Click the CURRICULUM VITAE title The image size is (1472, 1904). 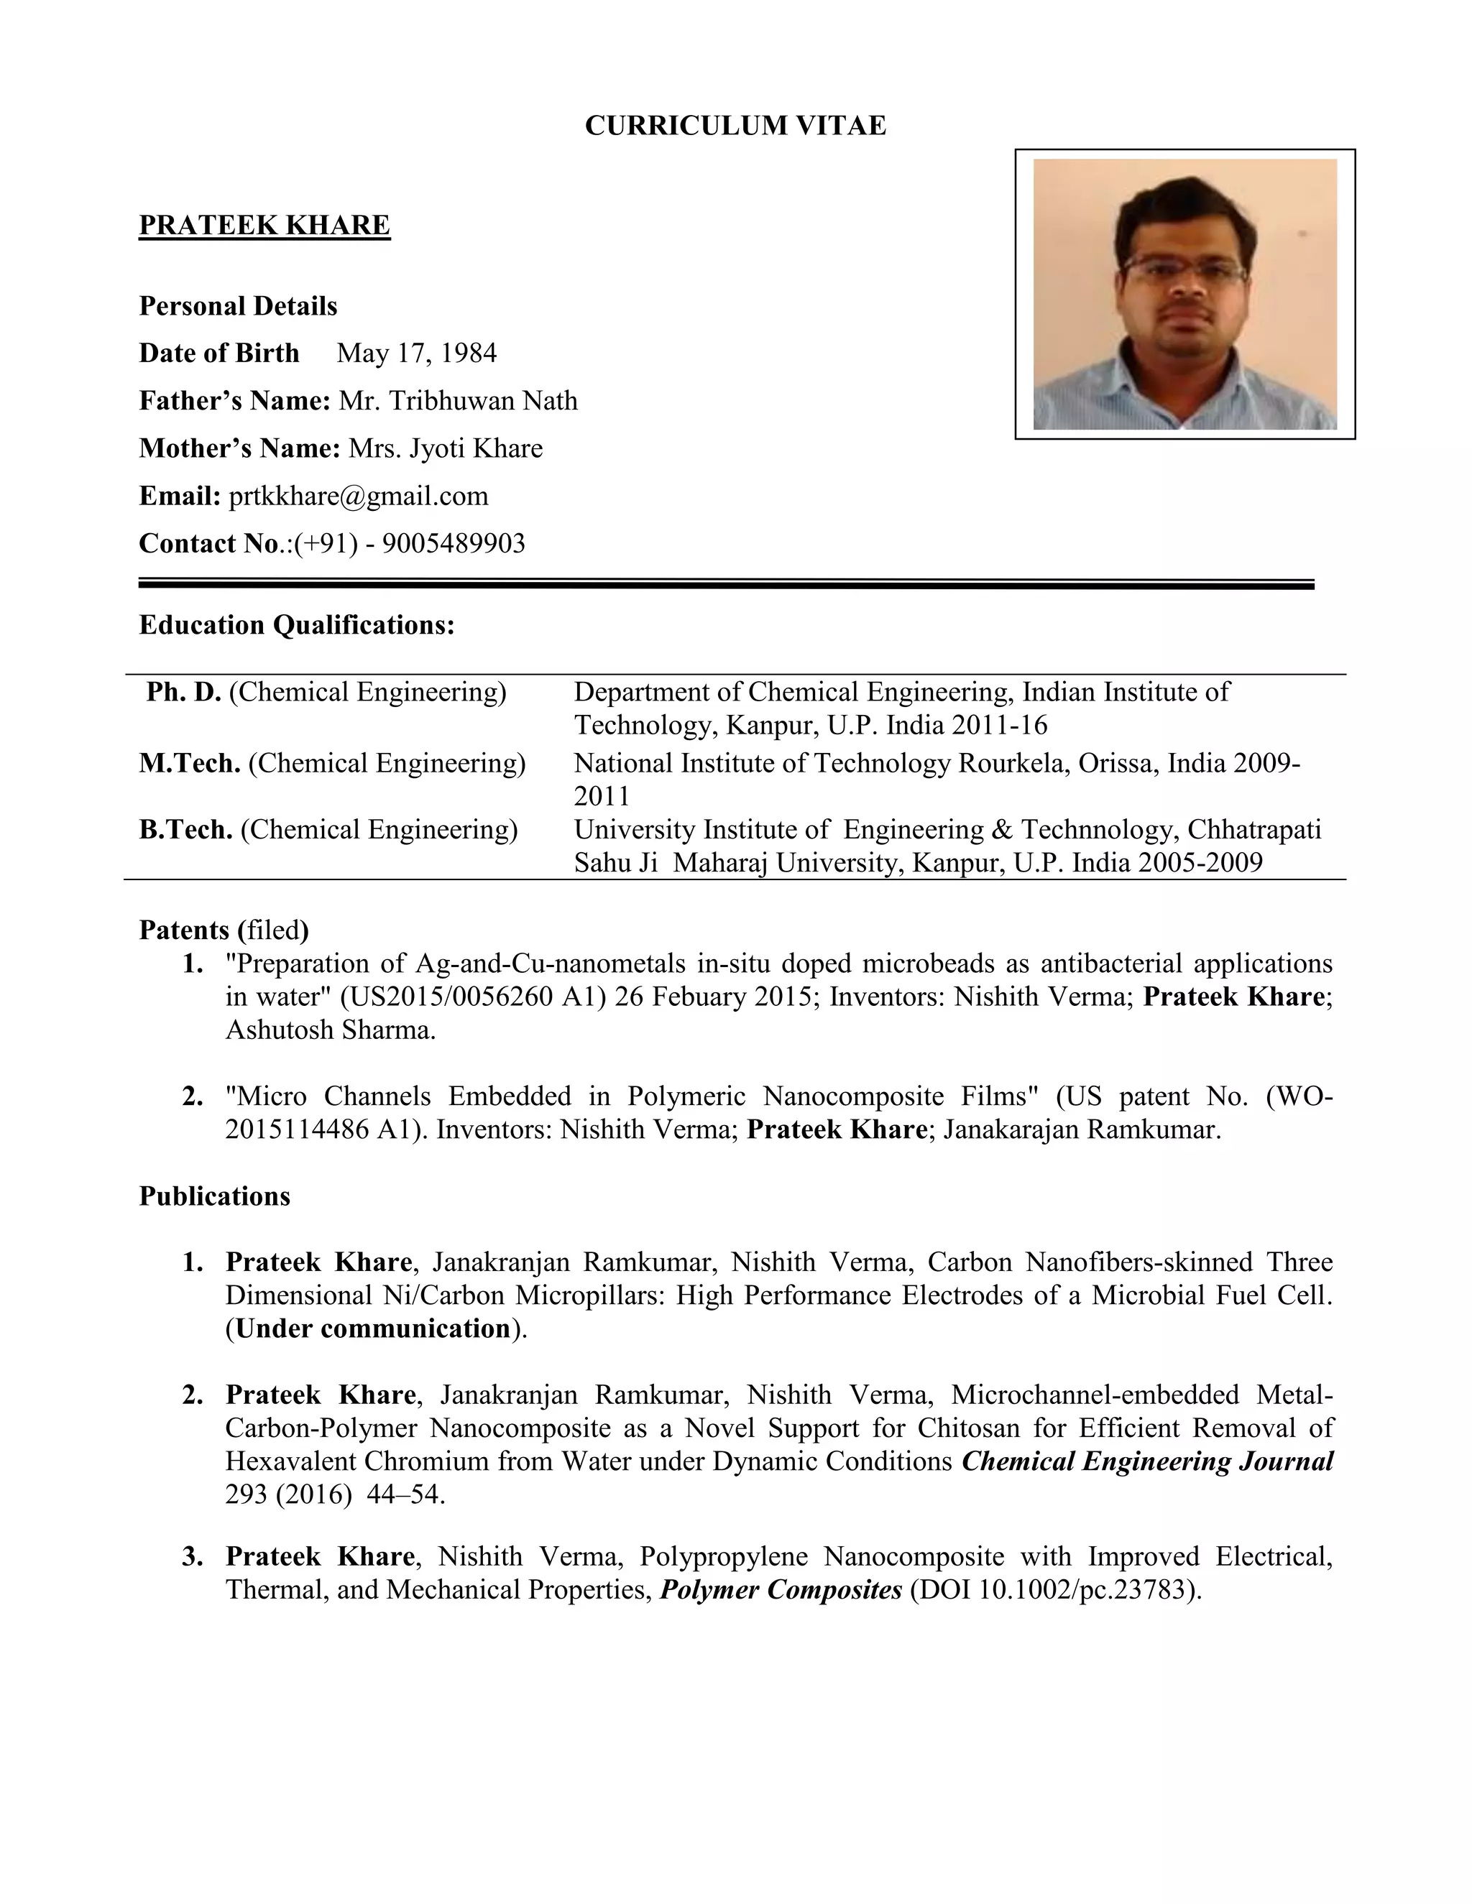pos(735,126)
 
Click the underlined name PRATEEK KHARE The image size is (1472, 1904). pos(264,225)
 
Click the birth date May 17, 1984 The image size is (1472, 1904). pos(416,353)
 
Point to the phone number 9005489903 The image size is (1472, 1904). pos(454,544)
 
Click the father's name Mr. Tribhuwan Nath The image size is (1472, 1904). pos(458,401)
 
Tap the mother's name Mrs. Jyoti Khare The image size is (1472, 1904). pos(445,448)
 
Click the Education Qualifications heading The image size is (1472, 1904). pos(297,625)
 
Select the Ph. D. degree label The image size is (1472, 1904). pos(184,692)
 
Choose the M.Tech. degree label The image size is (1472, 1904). pos(190,764)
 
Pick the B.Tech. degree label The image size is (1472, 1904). pos(185,829)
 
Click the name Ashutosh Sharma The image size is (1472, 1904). pos(330,1030)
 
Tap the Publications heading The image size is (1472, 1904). pos(214,1196)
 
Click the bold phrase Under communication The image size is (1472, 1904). pos(372,1328)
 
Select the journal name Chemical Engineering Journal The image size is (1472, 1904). pos(1146,1461)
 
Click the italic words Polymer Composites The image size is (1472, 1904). pos(781,1590)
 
